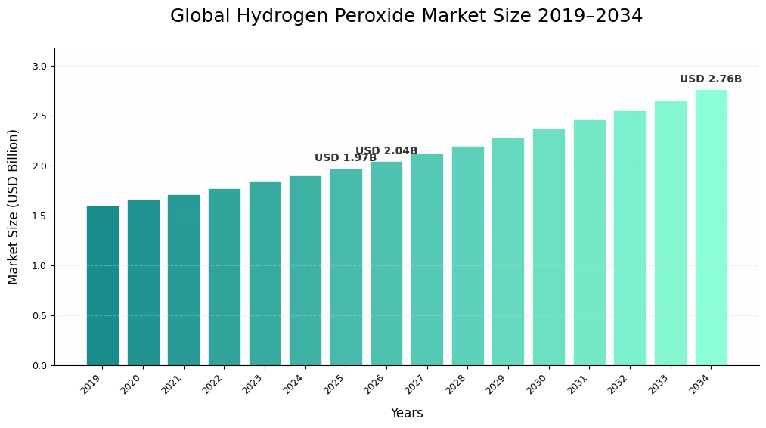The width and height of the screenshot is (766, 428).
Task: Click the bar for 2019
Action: click(102, 286)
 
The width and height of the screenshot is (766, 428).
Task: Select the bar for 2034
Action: click(711, 228)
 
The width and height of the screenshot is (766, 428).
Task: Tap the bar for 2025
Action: click(346, 267)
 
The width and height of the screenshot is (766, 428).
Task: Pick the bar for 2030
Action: click(548, 247)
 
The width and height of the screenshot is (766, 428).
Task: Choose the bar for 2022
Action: click(224, 277)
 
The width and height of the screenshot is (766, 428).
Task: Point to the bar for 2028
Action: click(467, 256)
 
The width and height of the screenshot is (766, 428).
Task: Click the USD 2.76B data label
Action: click(710, 79)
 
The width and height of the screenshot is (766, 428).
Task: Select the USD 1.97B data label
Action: click(345, 158)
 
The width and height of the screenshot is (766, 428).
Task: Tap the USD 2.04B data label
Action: click(386, 151)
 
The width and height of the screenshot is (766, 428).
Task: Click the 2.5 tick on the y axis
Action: click(39, 116)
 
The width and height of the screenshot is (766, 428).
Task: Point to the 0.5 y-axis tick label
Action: click(39, 316)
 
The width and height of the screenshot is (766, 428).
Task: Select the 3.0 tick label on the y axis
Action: click(39, 67)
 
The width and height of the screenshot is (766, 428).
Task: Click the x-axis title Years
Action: click(407, 414)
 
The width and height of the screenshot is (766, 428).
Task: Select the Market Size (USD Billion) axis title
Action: click(14, 206)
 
